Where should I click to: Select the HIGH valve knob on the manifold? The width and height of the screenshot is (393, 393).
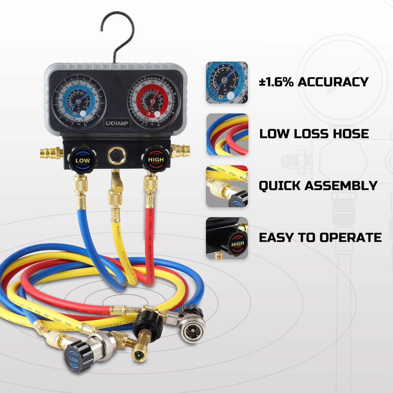(156, 159)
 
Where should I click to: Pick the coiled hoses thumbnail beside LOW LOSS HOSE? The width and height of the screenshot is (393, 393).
(227, 134)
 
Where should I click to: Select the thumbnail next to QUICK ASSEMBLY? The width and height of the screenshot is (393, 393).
(227, 186)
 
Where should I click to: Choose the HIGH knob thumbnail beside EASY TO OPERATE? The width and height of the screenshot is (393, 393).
(227, 238)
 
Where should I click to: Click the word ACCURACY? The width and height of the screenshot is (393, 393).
(333, 82)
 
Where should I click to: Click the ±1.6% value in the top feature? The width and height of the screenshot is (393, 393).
(276, 82)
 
